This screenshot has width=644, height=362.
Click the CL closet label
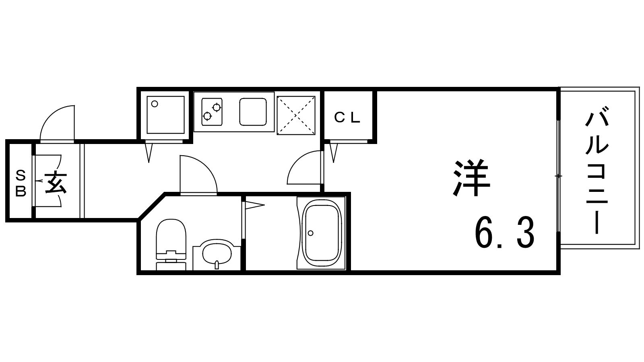[347, 117]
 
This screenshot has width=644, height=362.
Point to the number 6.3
[505, 233]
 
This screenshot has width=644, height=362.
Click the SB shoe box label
[21, 183]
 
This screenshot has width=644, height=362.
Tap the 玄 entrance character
[56, 183]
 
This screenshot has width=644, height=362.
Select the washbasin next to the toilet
[217, 254]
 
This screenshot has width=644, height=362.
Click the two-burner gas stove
[212, 112]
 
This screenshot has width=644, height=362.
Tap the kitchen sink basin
[253, 112]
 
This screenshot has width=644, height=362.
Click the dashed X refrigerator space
[296, 115]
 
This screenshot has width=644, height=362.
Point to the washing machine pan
[165, 115]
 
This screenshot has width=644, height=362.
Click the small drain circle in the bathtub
[310, 233]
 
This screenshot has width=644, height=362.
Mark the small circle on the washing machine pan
[155, 104]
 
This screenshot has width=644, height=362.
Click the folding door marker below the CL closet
[334, 152]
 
